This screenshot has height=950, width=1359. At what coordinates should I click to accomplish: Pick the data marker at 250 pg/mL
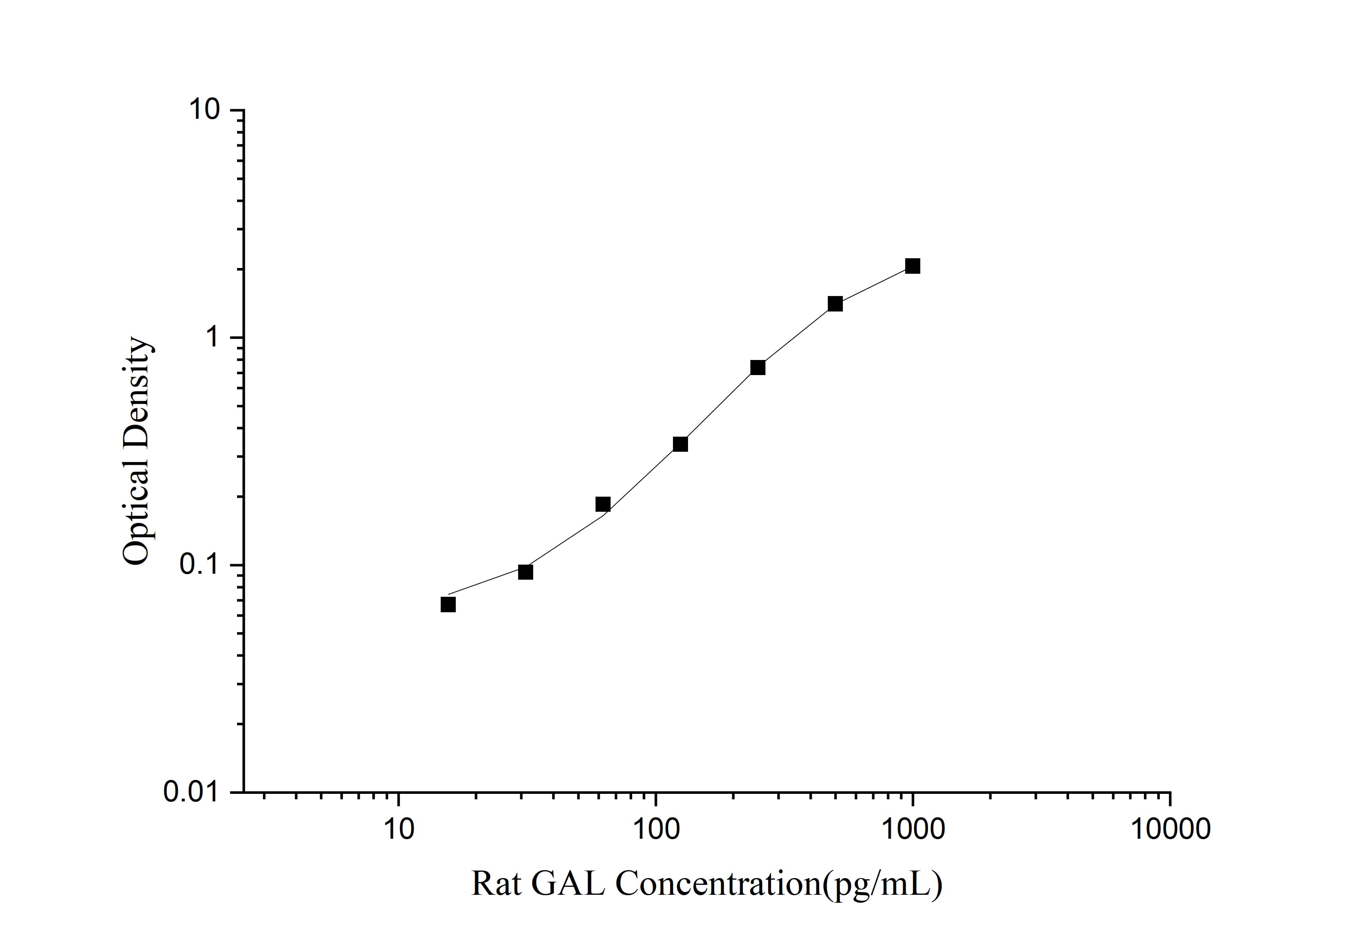(x=758, y=368)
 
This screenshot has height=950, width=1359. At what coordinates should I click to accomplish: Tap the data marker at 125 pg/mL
(x=680, y=444)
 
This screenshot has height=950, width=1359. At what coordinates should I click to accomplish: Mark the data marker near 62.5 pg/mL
(x=603, y=504)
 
